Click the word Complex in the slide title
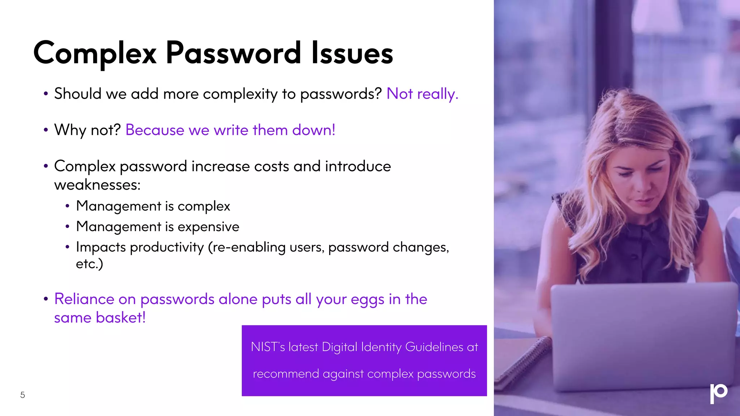click(95, 53)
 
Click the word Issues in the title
click(352, 53)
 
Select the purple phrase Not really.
click(422, 94)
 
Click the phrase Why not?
click(87, 130)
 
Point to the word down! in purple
click(314, 130)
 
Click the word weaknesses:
click(97, 185)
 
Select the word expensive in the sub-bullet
click(208, 227)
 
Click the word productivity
click(167, 247)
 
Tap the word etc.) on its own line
click(89, 264)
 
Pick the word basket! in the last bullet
click(120, 318)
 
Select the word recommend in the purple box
click(286, 374)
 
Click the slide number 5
click(22, 395)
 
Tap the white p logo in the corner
click(718, 393)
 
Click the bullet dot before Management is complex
click(67, 207)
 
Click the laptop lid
click(643, 336)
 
